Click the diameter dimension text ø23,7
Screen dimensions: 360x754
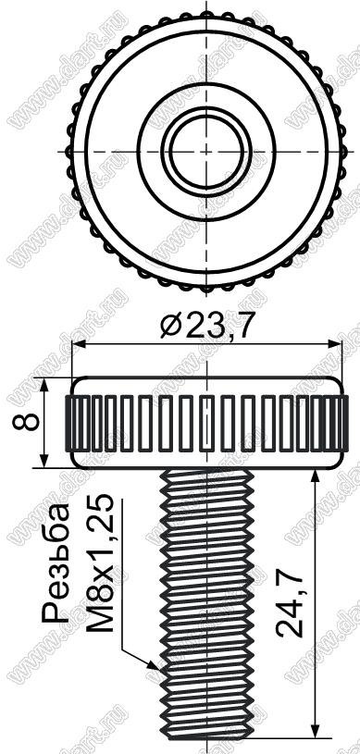206,327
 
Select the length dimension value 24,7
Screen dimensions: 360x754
290,603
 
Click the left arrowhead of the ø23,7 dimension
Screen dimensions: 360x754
79,344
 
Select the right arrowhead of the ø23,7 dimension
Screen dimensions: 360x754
334,344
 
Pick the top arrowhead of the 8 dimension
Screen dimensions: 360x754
44,385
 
